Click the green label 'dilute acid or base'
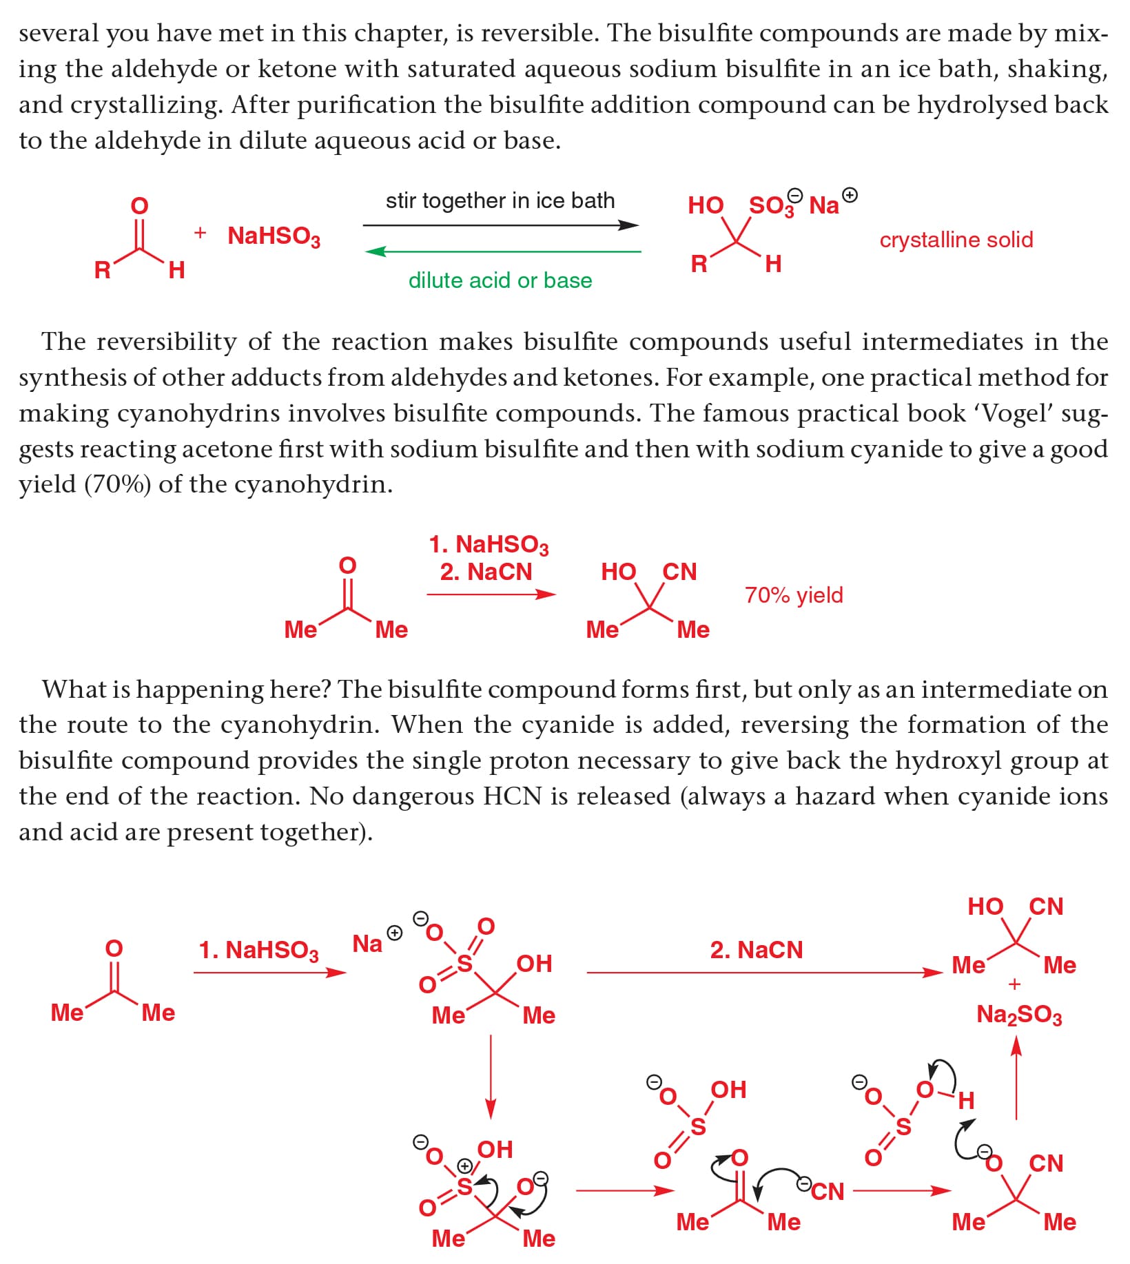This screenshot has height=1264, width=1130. [500, 280]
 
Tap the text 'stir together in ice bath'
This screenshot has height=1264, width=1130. [500, 200]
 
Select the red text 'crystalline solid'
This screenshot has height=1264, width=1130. [956, 240]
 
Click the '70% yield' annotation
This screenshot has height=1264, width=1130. [794, 594]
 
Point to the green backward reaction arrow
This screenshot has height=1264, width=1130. [502, 252]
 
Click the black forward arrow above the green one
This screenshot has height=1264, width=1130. [500, 225]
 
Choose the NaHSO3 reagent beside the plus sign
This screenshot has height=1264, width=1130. [274, 236]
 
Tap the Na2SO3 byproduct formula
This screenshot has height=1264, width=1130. [1019, 1015]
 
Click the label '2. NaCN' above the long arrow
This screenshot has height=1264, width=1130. [756, 950]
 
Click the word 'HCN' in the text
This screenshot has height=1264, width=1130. [512, 796]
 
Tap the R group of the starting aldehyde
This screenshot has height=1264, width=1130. [102, 269]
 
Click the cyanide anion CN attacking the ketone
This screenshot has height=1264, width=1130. [827, 1191]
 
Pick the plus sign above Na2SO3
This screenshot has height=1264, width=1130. [1014, 985]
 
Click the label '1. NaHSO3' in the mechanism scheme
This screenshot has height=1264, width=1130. [258, 950]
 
